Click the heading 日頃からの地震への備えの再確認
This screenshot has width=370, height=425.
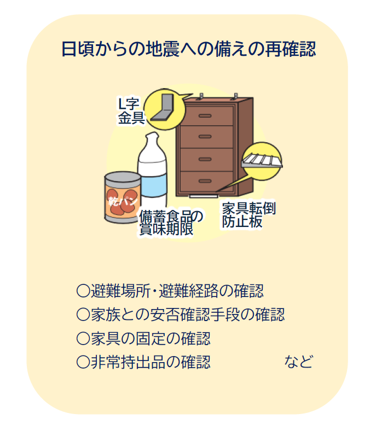(189, 49)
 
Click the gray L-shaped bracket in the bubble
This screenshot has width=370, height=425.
(163, 107)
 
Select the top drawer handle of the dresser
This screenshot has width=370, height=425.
(205, 116)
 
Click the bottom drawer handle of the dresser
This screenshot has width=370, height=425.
(205, 181)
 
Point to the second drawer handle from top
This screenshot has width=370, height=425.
(205, 136)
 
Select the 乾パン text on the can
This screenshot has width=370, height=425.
(123, 201)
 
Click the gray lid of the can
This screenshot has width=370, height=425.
(123, 179)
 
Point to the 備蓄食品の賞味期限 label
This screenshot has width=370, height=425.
(171, 223)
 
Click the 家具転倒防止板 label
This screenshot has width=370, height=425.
(248, 215)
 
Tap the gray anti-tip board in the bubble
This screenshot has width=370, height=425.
(262, 160)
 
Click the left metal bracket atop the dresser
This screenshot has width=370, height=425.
(201, 96)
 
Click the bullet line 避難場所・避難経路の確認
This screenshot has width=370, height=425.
(170, 291)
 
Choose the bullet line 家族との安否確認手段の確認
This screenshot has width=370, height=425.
(181, 315)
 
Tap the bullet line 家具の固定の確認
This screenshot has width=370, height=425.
(143, 338)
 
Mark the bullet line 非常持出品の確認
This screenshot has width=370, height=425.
(143, 362)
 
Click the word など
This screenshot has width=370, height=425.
(298, 362)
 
